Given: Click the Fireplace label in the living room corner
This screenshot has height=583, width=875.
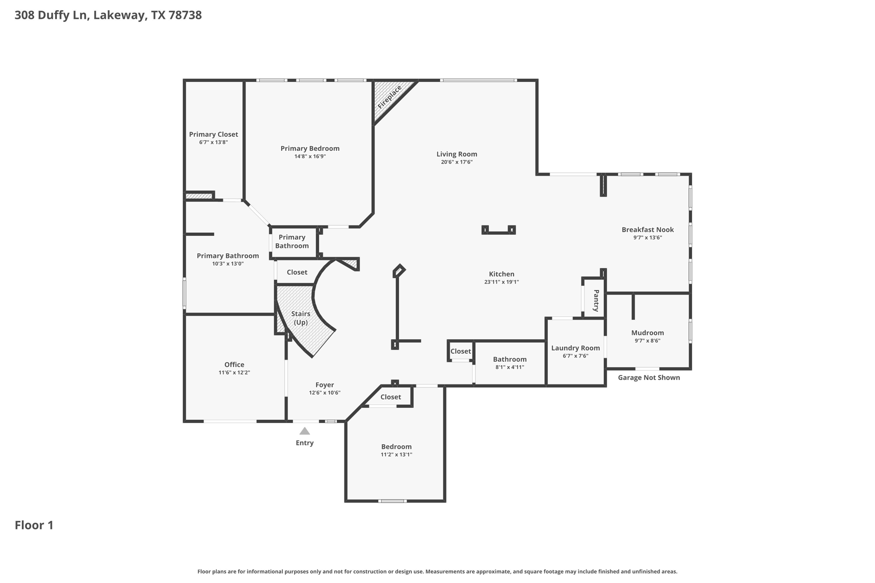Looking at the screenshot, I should click(x=389, y=97).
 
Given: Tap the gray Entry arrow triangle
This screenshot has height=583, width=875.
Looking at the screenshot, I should click(x=305, y=431).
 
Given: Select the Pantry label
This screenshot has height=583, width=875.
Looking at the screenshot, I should click(x=596, y=300).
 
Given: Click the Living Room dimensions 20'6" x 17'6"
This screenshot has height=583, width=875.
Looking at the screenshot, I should click(x=457, y=162).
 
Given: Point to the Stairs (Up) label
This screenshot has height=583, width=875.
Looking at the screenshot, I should click(x=300, y=318).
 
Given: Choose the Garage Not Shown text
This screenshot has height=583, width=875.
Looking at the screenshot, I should click(x=649, y=378).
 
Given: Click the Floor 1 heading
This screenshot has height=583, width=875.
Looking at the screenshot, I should click(x=34, y=525).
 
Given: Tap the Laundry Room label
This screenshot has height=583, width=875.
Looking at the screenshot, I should click(x=575, y=348).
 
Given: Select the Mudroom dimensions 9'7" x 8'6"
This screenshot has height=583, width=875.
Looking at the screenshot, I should click(x=647, y=341).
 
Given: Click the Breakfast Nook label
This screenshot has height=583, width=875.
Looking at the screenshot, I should click(x=647, y=230).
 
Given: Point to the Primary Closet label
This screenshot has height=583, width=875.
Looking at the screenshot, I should click(x=213, y=135).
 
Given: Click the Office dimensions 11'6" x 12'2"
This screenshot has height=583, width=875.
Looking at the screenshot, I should click(x=234, y=373).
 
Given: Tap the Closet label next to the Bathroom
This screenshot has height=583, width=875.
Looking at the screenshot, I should click(x=461, y=352).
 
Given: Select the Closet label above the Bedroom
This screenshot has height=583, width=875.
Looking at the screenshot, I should click(x=391, y=397).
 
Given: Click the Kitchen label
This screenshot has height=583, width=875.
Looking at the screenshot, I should click(x=502, y=274).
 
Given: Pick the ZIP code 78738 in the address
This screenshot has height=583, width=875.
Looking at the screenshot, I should click(x=185, y=15).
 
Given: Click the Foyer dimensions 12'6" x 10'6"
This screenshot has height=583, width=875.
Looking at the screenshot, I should click(x=325, y=393).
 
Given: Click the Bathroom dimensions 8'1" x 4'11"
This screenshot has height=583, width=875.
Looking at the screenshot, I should click(x=510, y=367).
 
